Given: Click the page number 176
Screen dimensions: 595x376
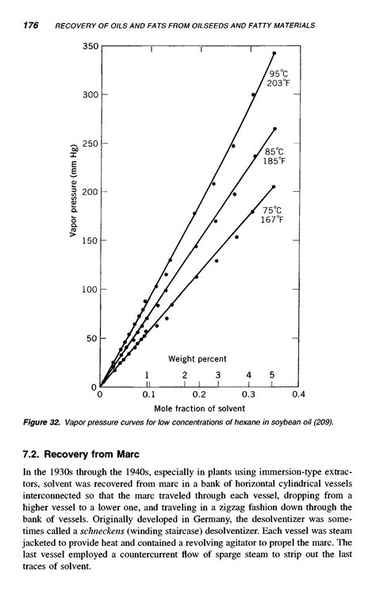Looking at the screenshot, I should [31, 25].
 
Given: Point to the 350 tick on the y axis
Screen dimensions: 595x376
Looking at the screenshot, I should [89, 47].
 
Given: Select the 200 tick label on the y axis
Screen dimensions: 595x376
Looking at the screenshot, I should [87, 192].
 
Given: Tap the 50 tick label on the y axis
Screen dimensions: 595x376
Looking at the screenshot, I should [90, 338].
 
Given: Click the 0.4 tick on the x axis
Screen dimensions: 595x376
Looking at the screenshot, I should [297, 393].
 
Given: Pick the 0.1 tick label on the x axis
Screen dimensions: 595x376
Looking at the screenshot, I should [148, 393].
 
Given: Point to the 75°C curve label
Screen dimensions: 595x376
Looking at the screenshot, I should [272, 210].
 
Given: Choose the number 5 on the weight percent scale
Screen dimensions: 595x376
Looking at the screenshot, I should [272, 374].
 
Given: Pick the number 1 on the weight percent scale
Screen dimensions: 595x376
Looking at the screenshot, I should [148, 374].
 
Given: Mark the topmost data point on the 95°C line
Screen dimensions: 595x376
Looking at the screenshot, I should [274, 53].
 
